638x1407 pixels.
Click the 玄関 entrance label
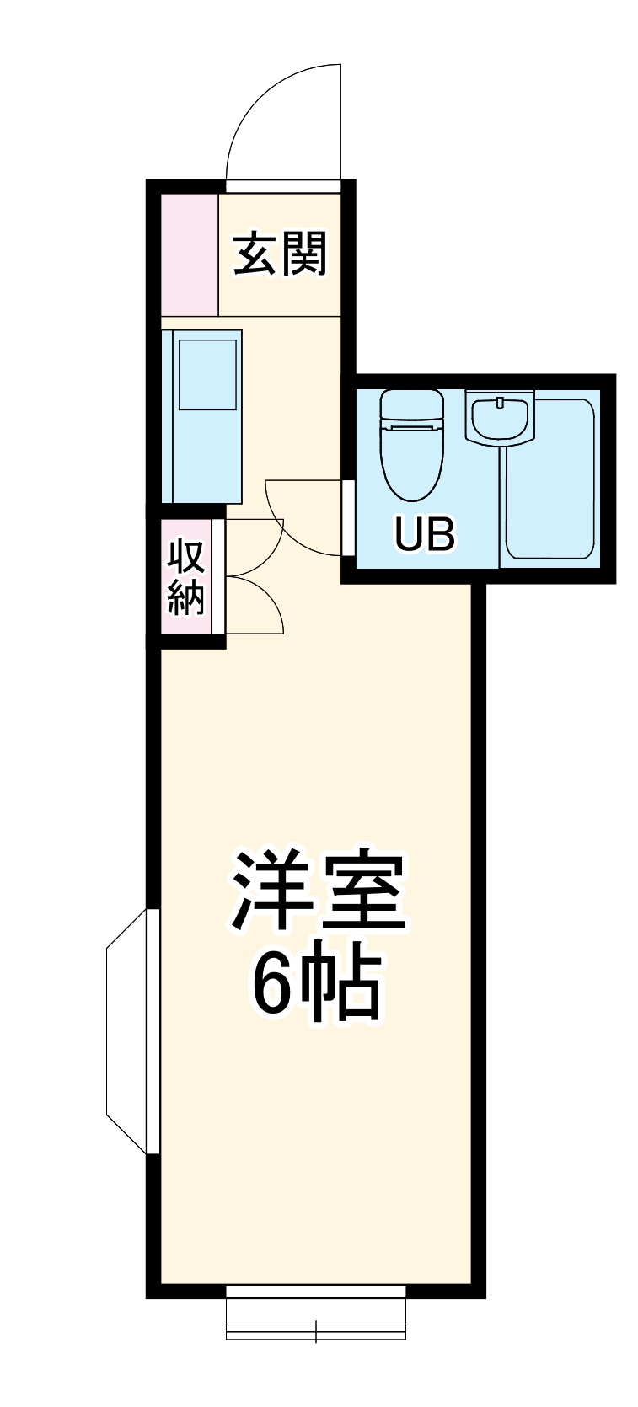279,254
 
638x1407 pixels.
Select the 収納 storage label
186,576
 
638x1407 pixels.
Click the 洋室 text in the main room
319,891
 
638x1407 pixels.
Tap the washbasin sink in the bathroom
500,417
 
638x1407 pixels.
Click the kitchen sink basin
207,374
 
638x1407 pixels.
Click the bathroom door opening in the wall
347,517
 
